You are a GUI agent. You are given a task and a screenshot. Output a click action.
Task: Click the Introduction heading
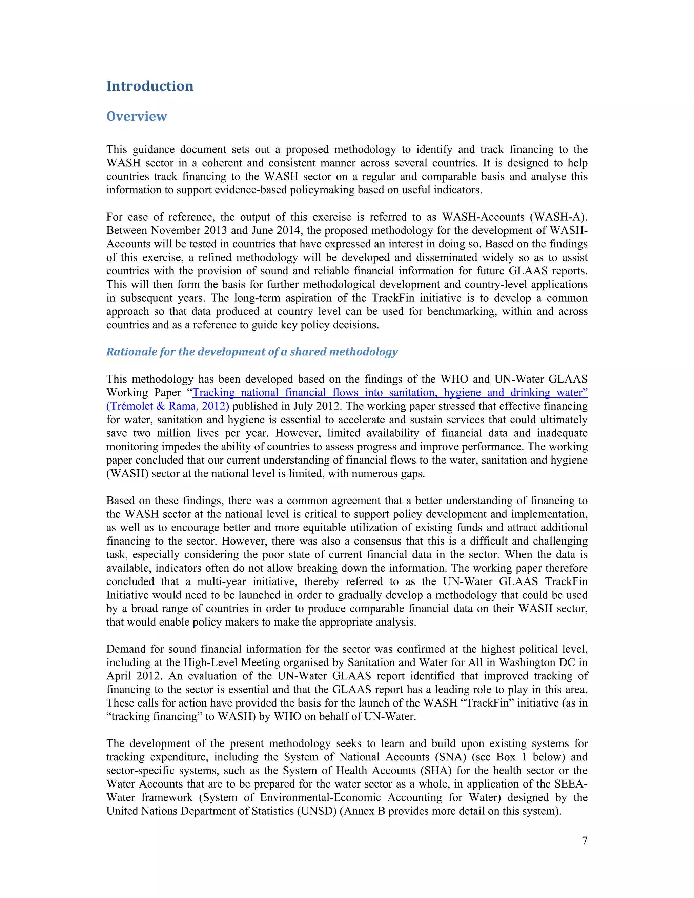pos(150,86)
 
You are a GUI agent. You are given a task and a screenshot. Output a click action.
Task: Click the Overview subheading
pos(137,116)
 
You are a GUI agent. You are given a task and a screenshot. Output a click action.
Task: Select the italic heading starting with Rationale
pos(252,352)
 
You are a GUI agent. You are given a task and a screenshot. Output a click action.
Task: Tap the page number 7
pos(585,840)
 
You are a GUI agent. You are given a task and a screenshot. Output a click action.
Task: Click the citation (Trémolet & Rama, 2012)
pos(168,406)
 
